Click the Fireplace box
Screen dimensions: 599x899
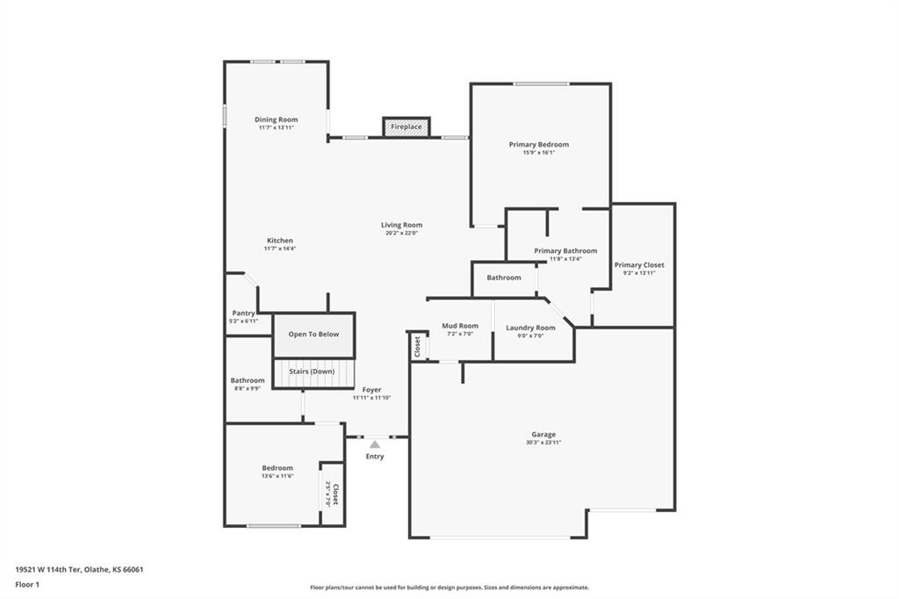pos(406,126)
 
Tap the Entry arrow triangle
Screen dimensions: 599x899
pos(375,444)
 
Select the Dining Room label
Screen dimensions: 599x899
pos(276,119)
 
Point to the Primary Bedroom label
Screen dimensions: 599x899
pos(538,144)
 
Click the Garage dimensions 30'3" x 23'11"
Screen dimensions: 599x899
pos(543,443)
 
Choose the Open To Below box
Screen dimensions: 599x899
pos(313,335)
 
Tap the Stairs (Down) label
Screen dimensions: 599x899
pos(313,371)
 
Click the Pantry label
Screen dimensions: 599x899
pos(243,314)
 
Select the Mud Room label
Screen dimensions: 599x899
pos(460,326)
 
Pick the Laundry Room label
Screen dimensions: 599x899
pos(530,328)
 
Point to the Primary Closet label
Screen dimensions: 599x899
pos(639,264)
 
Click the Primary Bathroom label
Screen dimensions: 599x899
pos(565,250)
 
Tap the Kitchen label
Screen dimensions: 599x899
pos(280,241)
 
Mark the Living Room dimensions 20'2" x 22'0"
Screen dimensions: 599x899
pos(401,234)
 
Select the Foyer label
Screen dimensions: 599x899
pos(371,389)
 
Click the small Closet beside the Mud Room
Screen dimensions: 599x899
pos(417,347)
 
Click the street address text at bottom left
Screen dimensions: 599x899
pos(79,569)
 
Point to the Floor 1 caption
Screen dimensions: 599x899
pos(27,583)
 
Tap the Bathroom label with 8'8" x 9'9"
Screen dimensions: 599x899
pos(248,380)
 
